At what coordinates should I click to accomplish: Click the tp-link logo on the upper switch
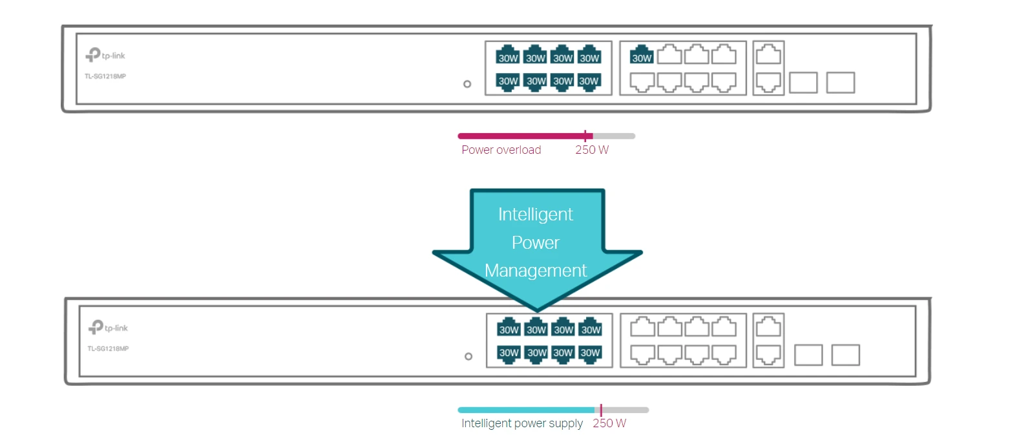(105, 56)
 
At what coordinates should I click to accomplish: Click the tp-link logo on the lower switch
(108, 328)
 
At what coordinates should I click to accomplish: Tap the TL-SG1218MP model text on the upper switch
(105, 76)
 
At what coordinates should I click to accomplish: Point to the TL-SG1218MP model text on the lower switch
(108, 349)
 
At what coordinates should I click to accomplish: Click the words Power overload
(501, 150)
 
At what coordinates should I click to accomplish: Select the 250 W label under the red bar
(592, 150)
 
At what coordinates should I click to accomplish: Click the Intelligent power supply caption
(521, 423)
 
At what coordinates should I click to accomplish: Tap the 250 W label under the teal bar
(609, 423)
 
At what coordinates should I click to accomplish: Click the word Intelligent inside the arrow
(535, 215)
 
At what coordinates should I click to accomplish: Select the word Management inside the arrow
(536, 271)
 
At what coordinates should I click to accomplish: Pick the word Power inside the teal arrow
(536, 243)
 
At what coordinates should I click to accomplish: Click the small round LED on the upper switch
(467, 84)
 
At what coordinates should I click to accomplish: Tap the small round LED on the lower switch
(468, 356)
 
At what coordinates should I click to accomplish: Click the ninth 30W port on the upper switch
(642, 55)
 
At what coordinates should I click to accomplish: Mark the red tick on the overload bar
(585, 136)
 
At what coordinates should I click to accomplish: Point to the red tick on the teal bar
(601, 410)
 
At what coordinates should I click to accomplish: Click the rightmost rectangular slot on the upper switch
(841, 83)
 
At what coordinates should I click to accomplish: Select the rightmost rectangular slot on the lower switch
(845, 355)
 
